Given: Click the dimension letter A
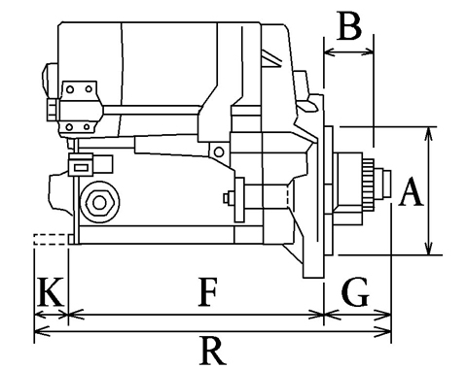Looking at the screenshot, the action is (x=411, y=191).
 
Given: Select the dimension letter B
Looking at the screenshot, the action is (x=349, y=26).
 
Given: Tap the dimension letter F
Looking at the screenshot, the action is (x=207, y=291).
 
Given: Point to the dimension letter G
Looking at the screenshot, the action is (x=355, y=291).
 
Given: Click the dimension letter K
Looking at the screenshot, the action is (x=51, y=291).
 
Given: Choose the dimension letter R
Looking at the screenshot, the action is (x=212, y=351).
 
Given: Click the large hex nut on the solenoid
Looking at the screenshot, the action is (x=99, y=203).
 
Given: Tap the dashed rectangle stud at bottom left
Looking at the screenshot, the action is (x=51, y=239).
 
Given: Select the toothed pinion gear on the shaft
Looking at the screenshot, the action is (x=369, y=184).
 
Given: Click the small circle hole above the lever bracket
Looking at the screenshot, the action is (x=219, y=151).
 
